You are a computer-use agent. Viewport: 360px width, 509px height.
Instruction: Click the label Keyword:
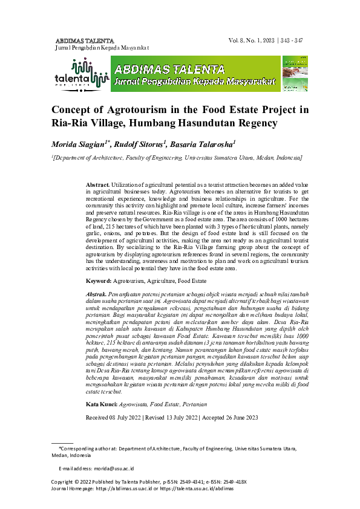(x=98, y=281)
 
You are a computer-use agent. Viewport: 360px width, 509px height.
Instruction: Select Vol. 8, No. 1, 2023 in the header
(x=252, y=41)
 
